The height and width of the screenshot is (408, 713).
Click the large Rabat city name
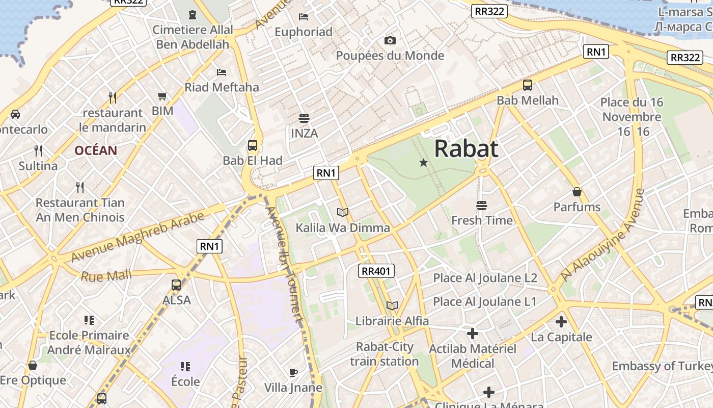466,149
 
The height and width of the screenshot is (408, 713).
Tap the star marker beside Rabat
423,163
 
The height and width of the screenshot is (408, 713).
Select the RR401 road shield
377,271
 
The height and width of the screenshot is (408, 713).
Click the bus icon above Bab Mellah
528,85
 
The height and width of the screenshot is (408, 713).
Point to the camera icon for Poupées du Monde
390,40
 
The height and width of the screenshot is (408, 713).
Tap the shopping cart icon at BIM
162,96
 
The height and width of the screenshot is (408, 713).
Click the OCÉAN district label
96,150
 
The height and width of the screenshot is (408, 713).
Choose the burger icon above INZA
304,118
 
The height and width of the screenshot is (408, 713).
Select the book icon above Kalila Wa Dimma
343,212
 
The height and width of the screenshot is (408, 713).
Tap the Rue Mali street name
106,276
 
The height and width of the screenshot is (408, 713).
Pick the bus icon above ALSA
176,285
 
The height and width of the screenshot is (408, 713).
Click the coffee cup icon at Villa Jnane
293,372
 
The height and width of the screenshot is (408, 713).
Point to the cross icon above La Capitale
561,322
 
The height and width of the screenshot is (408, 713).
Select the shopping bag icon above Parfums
577,192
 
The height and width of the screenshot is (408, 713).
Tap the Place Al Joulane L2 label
485,278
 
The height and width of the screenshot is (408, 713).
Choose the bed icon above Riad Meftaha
221,72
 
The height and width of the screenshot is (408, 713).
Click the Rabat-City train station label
385,354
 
